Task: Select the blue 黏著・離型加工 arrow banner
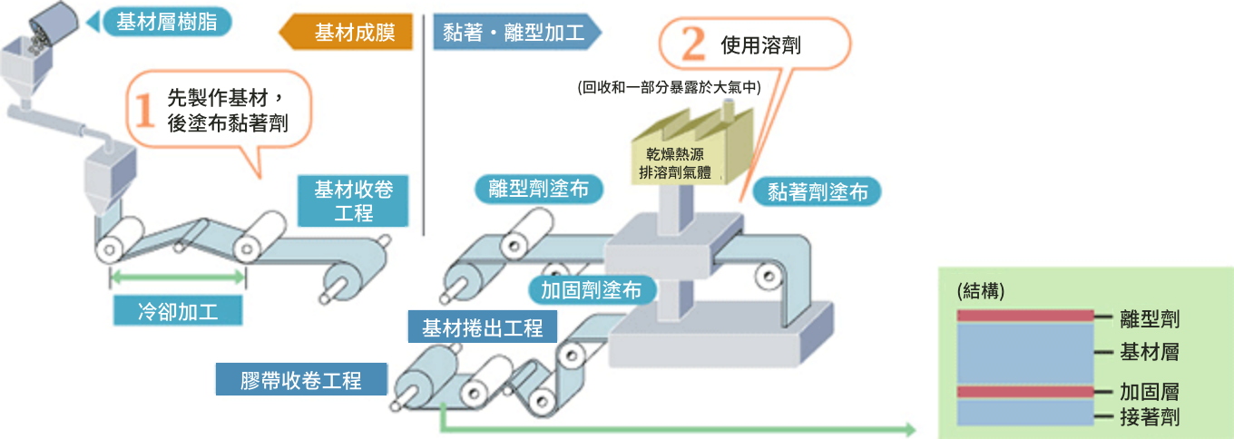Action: tap(514, 33)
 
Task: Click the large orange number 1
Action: tap(146, 111)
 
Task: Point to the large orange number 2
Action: tap(692, 42)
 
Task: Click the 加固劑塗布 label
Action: tap(591, 289)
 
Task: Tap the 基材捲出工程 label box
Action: tap(483, 327)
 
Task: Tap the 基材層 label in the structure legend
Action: tap(1150, 352)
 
